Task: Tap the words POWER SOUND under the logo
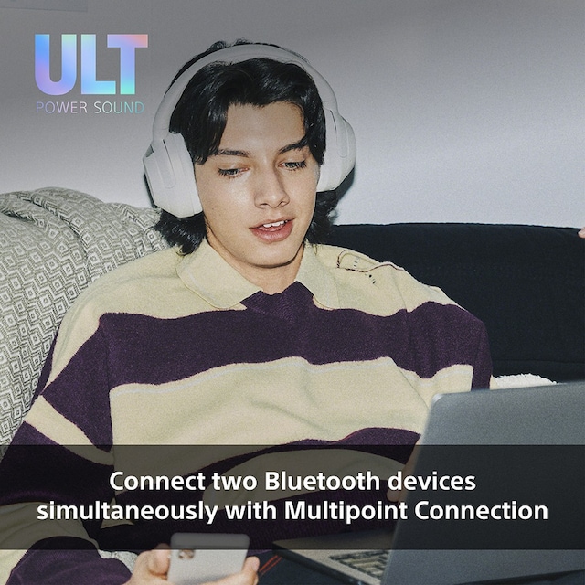(x=90, y=108)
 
